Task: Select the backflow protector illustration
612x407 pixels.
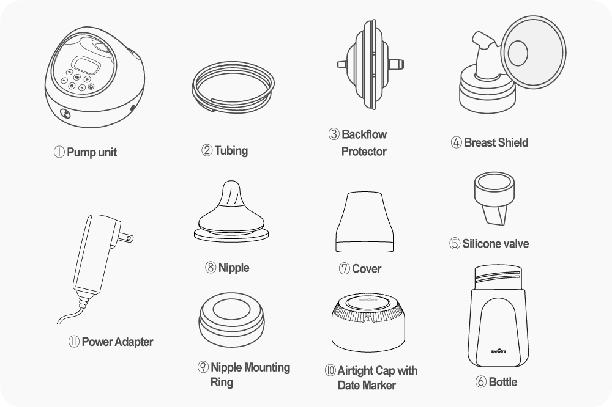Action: point(370,64)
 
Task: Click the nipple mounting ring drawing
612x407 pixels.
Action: point(231,320)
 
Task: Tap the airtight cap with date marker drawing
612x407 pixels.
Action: point(368,323)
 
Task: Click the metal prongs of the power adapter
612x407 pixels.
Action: point(125,237)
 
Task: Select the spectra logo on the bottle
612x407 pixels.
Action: point(498,351)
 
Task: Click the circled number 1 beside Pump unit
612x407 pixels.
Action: point(59,152)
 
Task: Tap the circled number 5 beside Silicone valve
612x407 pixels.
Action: point(455,244)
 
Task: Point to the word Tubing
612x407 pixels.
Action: point(231,150)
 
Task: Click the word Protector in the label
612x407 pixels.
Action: point(364,152)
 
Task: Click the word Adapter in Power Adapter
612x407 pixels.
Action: point(134,342)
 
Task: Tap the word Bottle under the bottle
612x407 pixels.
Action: point(502,382)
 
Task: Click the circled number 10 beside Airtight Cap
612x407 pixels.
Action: point(330,370)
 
